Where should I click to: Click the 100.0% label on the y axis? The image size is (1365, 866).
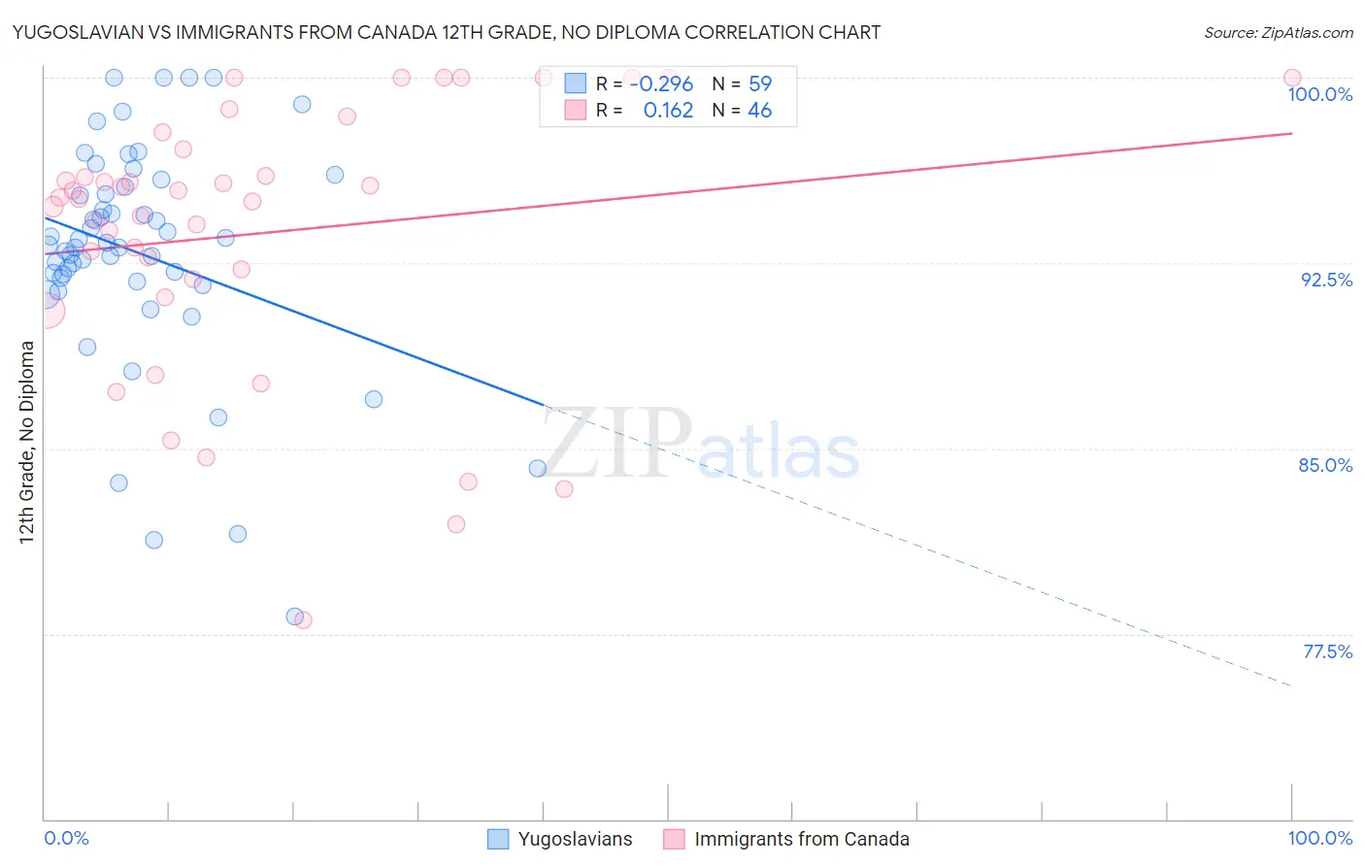click(1319, 94)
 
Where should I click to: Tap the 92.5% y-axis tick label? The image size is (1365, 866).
click(1326, 280)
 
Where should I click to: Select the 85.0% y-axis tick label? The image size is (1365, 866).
click(1325, 465)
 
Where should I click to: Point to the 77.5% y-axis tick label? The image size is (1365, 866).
click(1327, 651)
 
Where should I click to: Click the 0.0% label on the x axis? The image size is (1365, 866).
click(66, 838)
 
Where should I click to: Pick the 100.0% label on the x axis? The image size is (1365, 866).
click(1319, 838)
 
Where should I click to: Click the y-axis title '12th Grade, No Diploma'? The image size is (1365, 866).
click(27, 442)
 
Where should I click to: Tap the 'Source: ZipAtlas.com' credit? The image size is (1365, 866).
click(1278, 32)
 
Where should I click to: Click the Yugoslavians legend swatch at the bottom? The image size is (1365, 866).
click(498, 839)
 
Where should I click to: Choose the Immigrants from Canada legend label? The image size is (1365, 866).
click(802, 839)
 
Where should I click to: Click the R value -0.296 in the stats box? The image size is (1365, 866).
click(661, 83)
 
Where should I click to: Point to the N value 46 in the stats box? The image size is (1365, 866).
click(759, 111)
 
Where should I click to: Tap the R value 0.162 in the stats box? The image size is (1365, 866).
click(668, 111)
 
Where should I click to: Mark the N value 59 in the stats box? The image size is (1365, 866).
click(759, 83)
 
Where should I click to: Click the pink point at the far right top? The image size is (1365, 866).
click(1291, 78)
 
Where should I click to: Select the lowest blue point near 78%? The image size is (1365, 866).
click(294, 616)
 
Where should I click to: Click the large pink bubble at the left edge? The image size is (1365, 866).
click(45, 311)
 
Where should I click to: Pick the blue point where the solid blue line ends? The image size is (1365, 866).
click(537, 469)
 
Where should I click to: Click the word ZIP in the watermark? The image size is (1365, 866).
click(617, 443)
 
